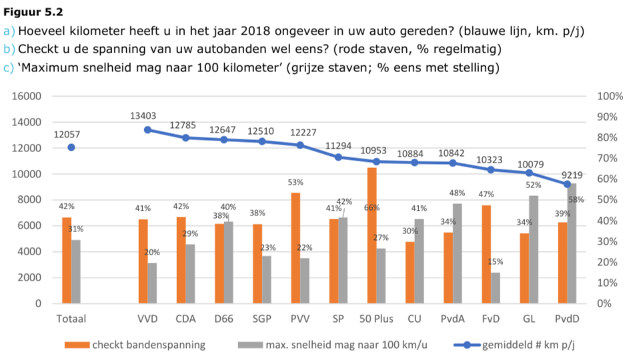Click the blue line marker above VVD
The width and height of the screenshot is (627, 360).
[x=147, y=130]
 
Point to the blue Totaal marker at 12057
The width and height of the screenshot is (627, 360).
[x=71, y=147]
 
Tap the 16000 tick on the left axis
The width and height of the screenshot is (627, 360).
[x=27, y=96]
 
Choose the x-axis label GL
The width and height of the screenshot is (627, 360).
[x=529, y=319]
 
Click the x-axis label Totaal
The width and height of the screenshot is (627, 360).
[x=71, y=319]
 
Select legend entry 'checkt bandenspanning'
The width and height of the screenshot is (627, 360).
[x=149, y=345]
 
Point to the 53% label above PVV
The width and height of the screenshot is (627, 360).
[x=295, y=182]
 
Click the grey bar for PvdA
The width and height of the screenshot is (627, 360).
[x=457, y=253]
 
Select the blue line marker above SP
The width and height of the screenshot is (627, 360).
[x=338, y=157]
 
